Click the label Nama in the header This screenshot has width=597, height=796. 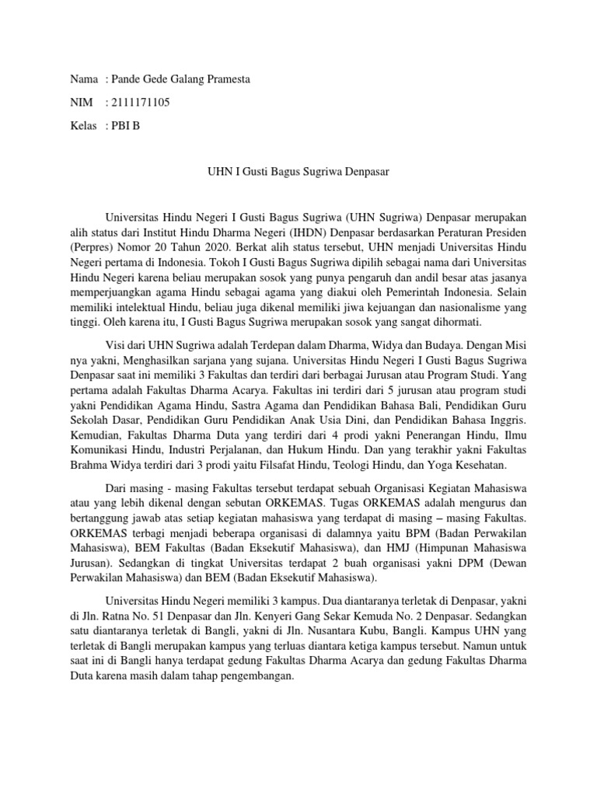click(x=84, y=79)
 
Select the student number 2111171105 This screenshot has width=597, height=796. click(x=141, y=103)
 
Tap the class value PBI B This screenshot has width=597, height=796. click(x=127, y=126)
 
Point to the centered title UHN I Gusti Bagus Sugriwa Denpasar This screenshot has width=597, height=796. click(x=298, y=170)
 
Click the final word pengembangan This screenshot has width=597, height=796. click(x=253, y=676)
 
